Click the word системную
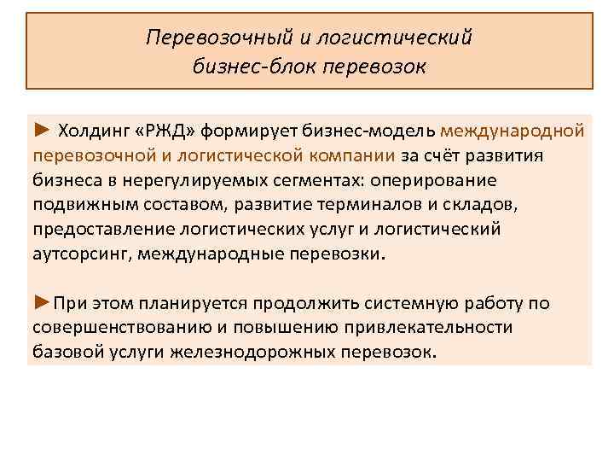click(x=401, y=304)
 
